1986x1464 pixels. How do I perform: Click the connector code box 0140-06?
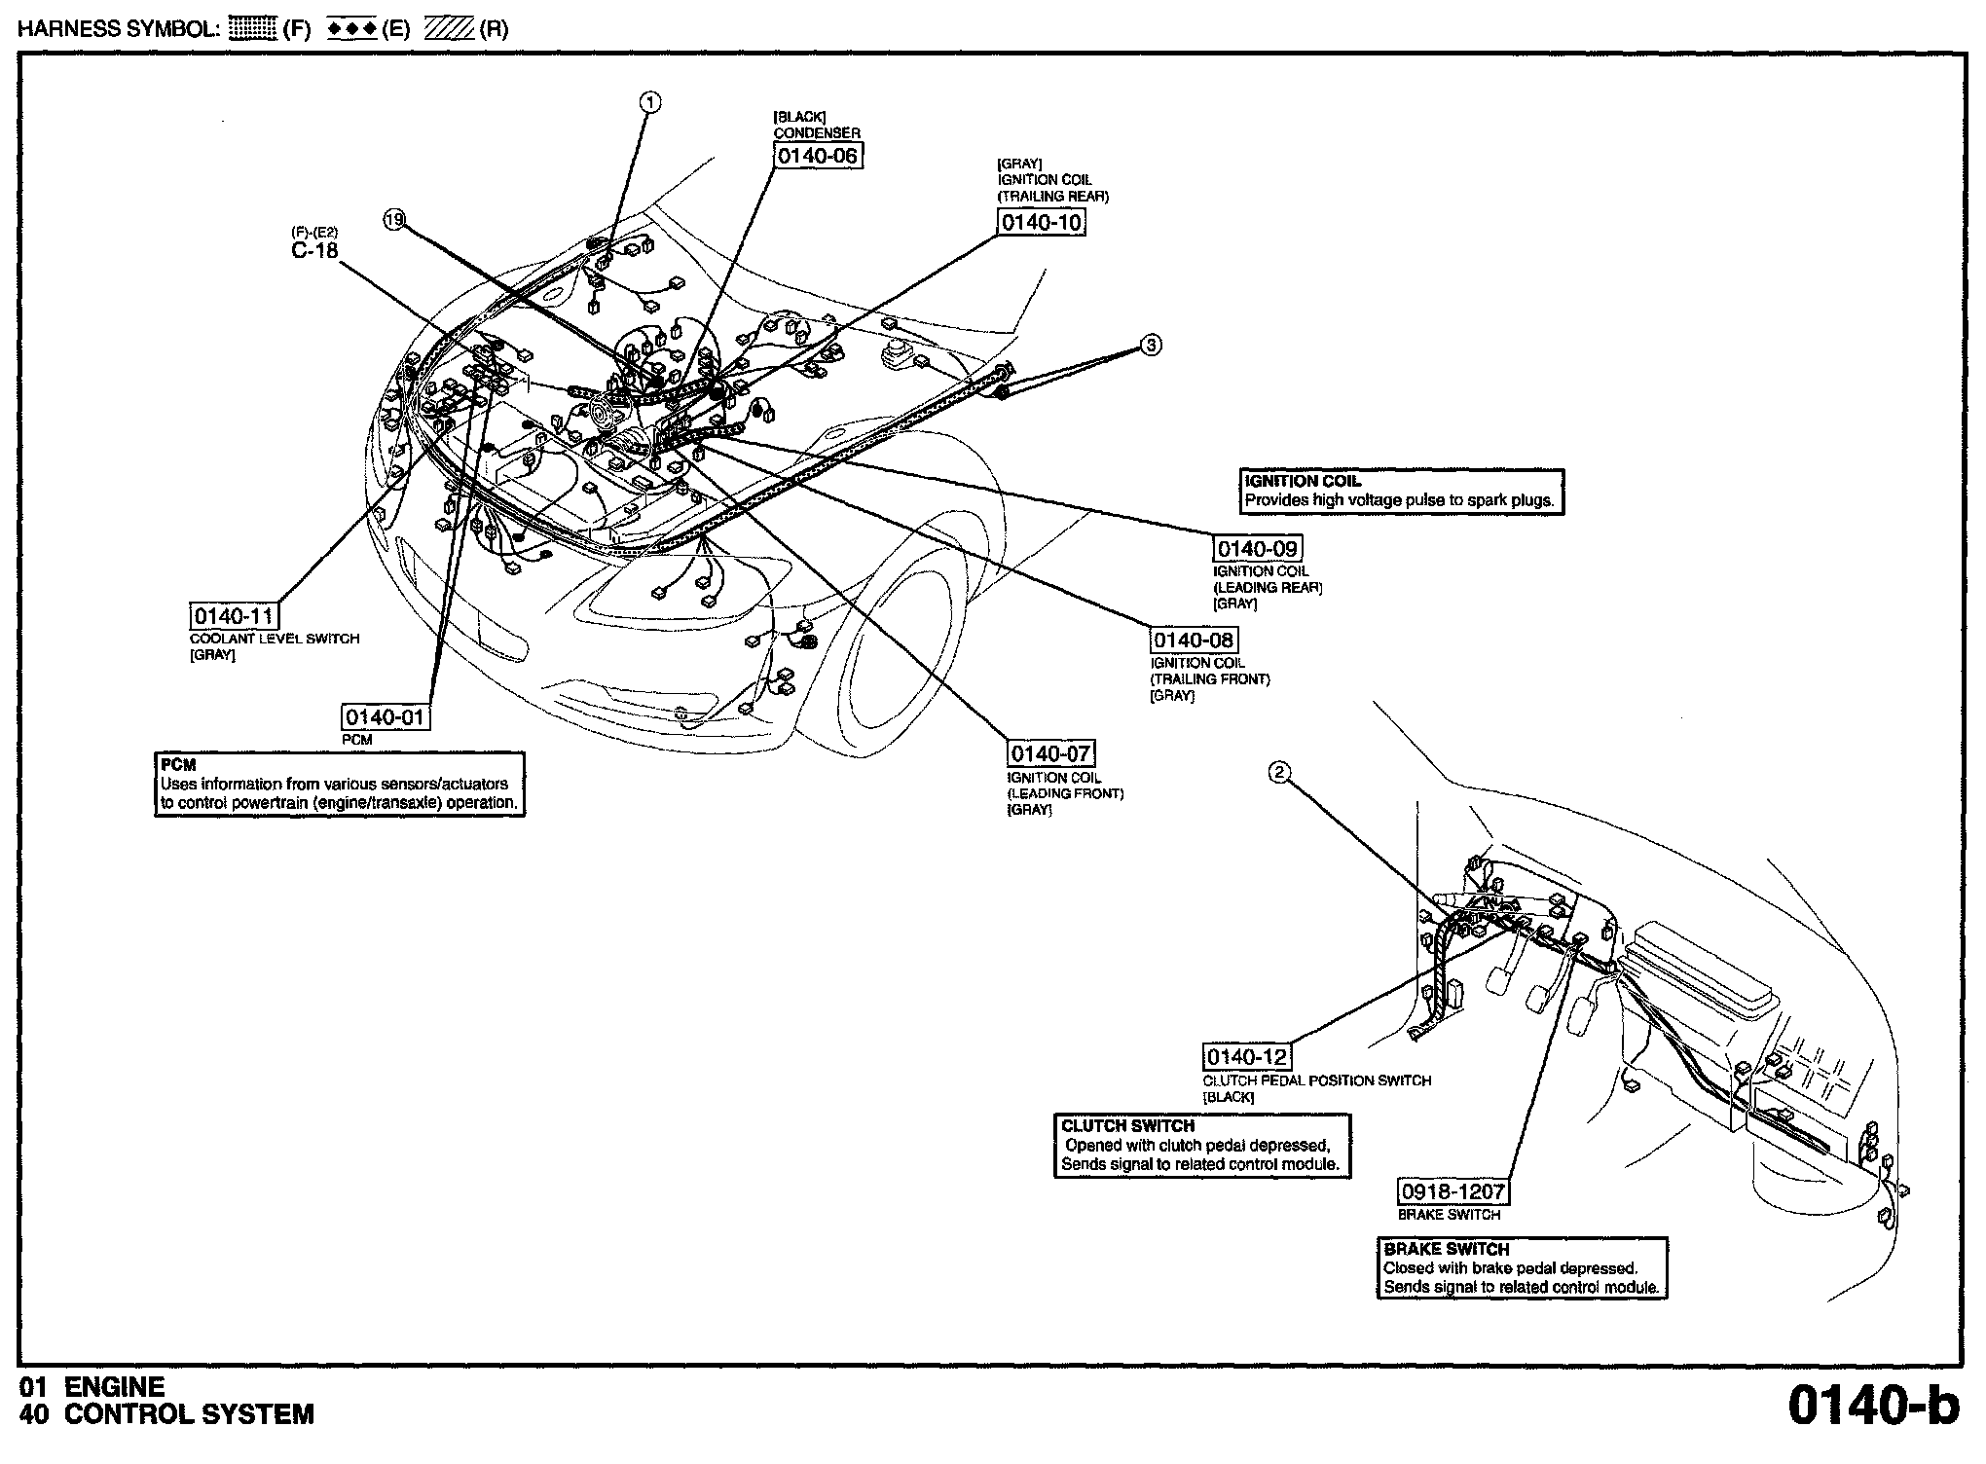[818, 156]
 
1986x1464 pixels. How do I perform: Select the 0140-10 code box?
[1042, 223]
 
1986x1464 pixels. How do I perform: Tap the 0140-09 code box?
[1257, 549]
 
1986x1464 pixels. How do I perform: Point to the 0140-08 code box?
[1194, 640]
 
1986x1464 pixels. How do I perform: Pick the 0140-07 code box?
[1050, 753]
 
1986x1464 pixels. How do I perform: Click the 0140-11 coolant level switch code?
[235, 616]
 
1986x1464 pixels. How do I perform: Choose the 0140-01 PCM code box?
[386, 717]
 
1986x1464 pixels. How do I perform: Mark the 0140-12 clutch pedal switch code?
[1247, 1057]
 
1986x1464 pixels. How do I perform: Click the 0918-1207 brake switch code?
[1453, 1191]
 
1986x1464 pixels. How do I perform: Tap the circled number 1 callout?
[650, 101]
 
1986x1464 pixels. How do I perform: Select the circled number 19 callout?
[393, 220]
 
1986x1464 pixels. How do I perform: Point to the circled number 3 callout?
[1151, 345]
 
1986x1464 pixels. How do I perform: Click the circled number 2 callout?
[1279, 773]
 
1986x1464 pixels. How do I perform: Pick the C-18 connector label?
[314, 250]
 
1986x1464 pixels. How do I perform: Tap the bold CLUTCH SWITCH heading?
[1127, 1126]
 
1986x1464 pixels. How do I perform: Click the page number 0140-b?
[1873, 1407]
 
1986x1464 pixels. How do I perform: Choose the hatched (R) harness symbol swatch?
[448, 29]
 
